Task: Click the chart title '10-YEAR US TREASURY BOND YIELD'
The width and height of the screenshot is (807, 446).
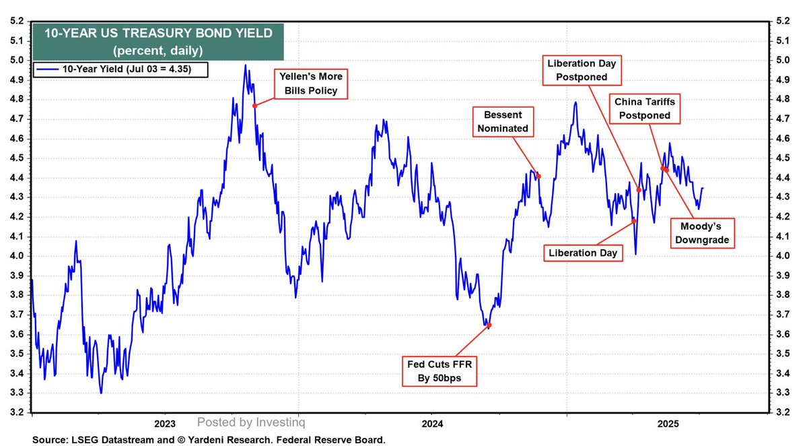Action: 158,34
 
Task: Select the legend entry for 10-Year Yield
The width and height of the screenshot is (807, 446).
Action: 120,69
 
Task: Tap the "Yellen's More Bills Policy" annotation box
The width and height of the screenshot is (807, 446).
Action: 311,84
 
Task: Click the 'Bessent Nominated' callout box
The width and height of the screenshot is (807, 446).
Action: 503,121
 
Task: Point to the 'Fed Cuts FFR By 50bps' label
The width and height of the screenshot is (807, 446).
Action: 439,371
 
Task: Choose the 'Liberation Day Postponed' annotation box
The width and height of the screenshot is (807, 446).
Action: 582,70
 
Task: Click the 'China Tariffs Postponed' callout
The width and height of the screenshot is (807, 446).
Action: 644,108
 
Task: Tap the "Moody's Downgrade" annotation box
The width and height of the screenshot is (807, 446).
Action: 702,233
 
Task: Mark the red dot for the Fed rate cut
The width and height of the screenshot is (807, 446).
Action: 489,325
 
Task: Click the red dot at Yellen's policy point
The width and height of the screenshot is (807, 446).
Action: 254,106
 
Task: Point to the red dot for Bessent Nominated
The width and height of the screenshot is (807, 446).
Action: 539,177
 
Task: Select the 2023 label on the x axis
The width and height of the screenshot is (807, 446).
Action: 165,424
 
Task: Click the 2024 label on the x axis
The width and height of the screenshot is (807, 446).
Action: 432,424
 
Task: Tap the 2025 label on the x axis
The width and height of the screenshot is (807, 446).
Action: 668,424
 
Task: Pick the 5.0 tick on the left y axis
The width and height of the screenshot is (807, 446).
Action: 17,60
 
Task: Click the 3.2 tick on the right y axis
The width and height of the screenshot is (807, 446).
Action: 782,412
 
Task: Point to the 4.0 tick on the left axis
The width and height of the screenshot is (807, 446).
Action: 17,256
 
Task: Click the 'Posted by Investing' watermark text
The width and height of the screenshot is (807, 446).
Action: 251,422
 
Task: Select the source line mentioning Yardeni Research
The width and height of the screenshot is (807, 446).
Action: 209,440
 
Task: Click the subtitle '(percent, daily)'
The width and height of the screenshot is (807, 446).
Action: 158,51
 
